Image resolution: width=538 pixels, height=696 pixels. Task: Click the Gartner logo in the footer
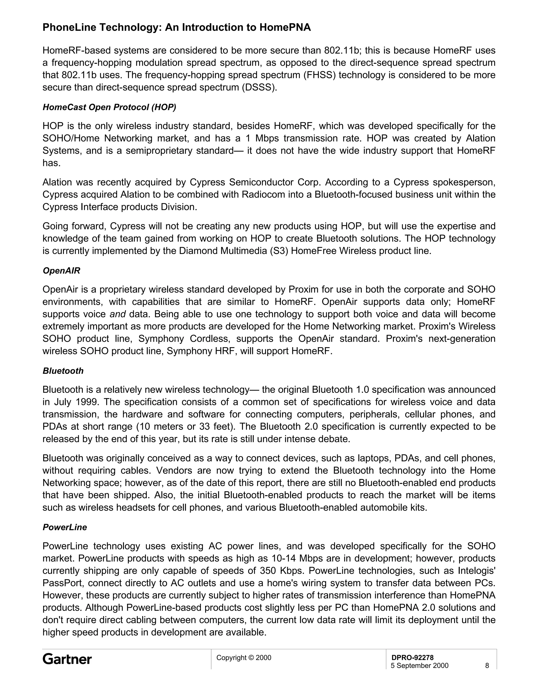tap(67, 659)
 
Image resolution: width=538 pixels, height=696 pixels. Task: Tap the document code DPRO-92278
tap(412, 657)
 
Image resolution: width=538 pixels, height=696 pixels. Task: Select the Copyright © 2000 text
tap(244, 657)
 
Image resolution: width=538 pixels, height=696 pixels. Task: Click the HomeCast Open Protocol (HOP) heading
tap(109, 107)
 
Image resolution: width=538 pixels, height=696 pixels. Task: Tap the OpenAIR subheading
tap(61, 271)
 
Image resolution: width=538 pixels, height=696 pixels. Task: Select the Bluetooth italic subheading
tap(63, 371)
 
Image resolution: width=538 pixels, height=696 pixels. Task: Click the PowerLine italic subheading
tap(65, 527)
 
